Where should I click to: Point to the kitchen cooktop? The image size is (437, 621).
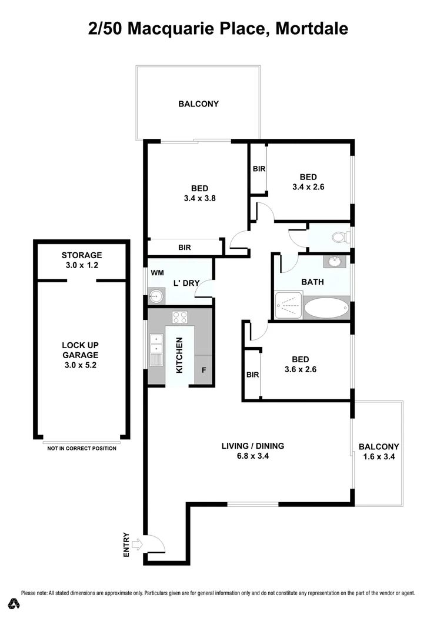(x=180, y=317)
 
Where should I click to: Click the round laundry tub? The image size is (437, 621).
(x=155, y=296)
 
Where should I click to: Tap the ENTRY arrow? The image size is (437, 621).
(x=137, y=545)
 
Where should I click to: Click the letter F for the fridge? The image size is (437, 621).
(x=204, y=370)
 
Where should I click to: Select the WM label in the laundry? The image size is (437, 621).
(x=157, y=273)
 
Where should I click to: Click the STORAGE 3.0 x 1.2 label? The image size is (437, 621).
(x=82, y=259)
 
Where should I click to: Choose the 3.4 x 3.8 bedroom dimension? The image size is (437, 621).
(x=199, y=198)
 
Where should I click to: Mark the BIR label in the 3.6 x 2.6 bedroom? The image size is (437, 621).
(x=253, y=375)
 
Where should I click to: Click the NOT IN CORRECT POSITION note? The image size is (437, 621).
(x=82, y=449)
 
